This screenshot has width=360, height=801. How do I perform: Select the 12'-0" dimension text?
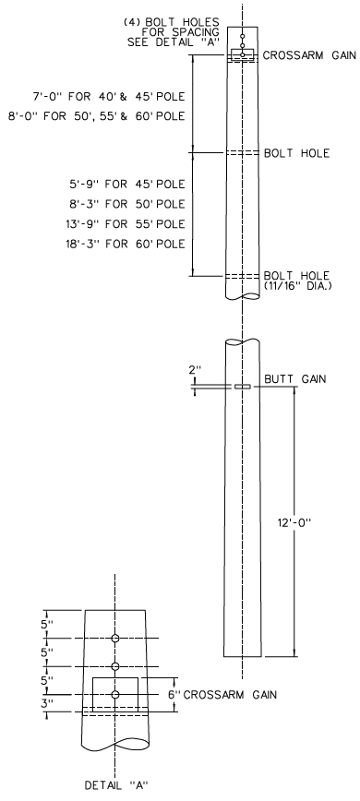pyautogui.click(x=314, y=522)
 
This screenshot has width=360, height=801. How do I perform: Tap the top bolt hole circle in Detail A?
pyautogui.click(x=115, y=639)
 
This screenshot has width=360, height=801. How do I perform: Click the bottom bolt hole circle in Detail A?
pyautogui.click(x=115, y=694)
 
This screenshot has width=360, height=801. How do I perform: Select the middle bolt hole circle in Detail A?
pyautogui.click(x=115, y=666)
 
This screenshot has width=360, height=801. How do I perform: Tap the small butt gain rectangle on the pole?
pyautogui.click(x=243, y=387)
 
